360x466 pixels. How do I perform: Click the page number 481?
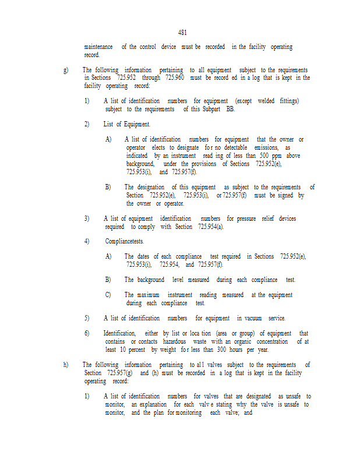point(182,33)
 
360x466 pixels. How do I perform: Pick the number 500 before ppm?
point(263,156)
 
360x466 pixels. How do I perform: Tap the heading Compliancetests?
point(124,241)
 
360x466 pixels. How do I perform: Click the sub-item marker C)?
point(108,295)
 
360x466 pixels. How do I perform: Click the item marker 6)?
point(87,333)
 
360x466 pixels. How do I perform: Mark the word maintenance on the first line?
point(98,47)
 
